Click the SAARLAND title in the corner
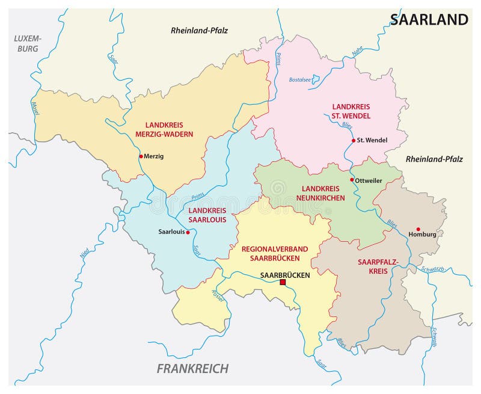click(429, 19)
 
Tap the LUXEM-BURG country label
click(26, 43)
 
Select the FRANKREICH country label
click(192, 368)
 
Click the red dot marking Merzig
click(141, 156)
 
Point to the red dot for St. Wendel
click(353, 141)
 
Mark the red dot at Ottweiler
click(352, 180)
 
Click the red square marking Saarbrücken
click(283, 282)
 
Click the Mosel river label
click(34, 108)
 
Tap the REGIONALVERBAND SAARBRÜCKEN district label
click(274, 253)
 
